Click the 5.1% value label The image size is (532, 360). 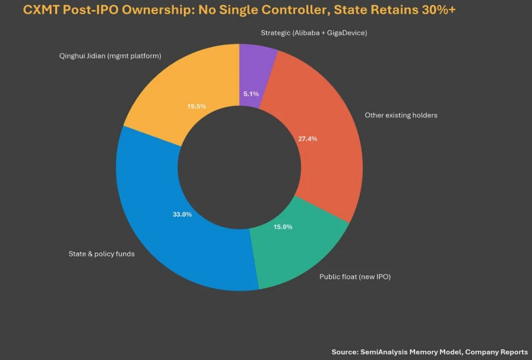[x=251, y=93]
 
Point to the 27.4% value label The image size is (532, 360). [x=308, y=139]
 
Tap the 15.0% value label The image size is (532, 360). [x=283, y=227]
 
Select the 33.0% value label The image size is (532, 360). [x=182, y=215]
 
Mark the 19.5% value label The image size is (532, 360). [x=197, y=106]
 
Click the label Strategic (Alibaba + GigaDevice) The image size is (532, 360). [x=314, y=33]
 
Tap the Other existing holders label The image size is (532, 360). [x=401, y=115]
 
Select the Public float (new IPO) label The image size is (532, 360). [x=355, y=277]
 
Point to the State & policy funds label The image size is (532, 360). [x=102, y=254]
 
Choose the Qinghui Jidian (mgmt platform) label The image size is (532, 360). [x=110, y=56]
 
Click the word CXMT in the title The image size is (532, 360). [x=41, y=10]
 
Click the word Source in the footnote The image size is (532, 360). [x=344, y=352]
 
